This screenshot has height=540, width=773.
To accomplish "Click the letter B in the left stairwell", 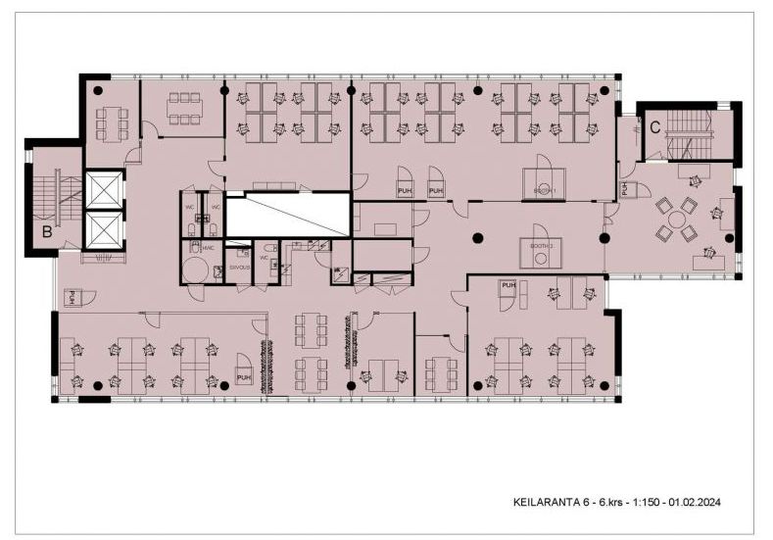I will pyautogui.click(x=47, y=232).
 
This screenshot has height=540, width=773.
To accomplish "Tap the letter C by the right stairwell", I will pyautogui.click(x=653, y=125).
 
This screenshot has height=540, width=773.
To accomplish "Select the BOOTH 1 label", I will pyautogui.click(x=546, y=190).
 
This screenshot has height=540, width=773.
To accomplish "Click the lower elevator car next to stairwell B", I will pyautogui.click(x=104, y=230).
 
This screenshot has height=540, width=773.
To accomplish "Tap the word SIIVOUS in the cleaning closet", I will pyautogui.click(x=240, y=268).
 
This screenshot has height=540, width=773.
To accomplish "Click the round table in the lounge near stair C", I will pyautogui.click(x=677, y=219).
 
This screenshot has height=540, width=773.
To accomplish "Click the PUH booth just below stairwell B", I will pyautogui.click(x=72, y=297).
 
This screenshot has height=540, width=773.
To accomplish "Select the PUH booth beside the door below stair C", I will pyautogui.click(x=623, y=189).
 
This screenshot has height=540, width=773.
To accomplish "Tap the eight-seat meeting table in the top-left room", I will pyautogui.click(x=184, y=109).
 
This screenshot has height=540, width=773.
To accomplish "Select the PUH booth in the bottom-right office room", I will pyautogui.click(x=507, y=289).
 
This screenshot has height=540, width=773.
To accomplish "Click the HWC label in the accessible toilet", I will pyautogui.click(x=209, y=249).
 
